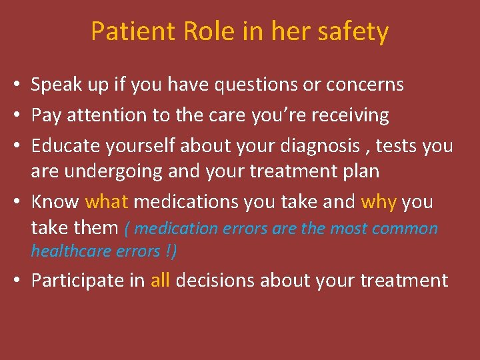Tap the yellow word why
[379, 201]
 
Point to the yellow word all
[160, 280]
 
